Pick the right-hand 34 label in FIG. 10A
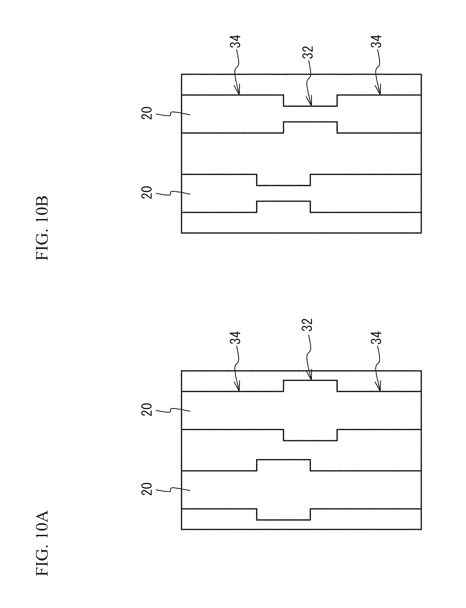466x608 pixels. point(376,338)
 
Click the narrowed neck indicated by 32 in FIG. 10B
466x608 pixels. point(310,114)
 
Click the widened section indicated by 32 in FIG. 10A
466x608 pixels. point(310,410)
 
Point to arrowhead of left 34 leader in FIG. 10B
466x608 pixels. point(238,93)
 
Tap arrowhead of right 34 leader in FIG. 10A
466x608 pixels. point(379,390)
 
